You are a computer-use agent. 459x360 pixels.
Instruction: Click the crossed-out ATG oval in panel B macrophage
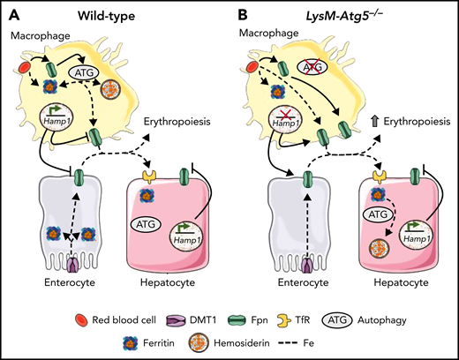(x=311, y=66)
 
